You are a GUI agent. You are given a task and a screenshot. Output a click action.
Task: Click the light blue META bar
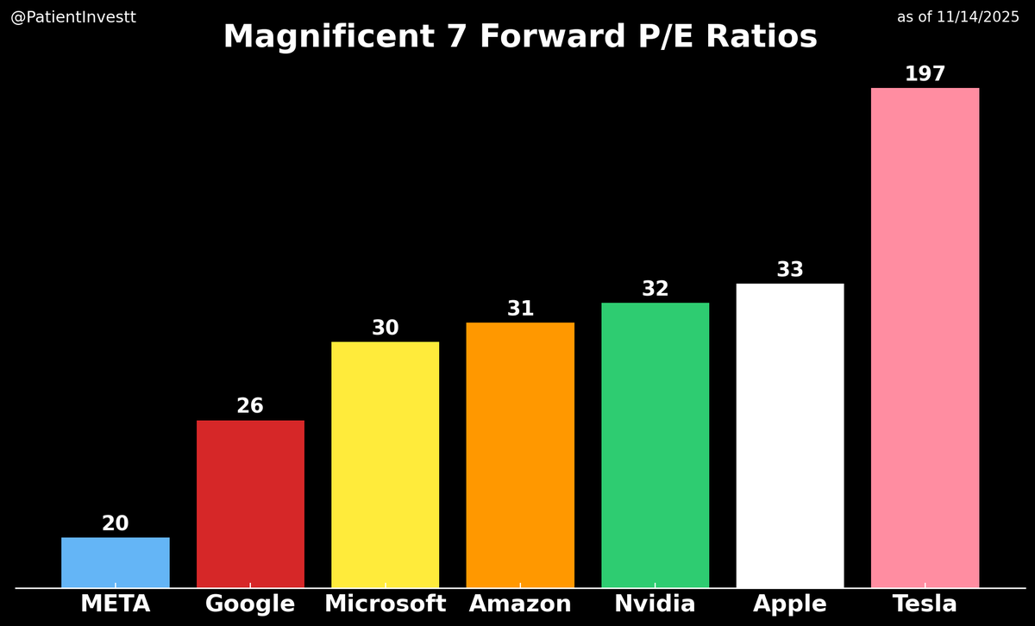point(116,562)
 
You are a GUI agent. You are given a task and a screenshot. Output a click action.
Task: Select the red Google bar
point(250,504)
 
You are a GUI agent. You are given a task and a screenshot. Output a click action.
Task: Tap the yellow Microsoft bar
point(385,465)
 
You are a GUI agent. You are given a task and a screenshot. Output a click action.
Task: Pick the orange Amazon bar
point(520,455)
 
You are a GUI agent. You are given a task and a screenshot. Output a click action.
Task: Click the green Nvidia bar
point(655,445)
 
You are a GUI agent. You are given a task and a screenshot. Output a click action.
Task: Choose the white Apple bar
point(790,435)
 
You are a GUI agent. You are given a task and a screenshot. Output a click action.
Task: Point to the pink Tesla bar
point(925,338)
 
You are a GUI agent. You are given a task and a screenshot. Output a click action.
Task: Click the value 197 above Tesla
point(925,75)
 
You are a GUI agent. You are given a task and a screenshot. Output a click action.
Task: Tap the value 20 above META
point(116,524)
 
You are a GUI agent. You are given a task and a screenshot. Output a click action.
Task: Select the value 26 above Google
point(250,407)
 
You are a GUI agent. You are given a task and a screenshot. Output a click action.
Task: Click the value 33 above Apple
point(790,271)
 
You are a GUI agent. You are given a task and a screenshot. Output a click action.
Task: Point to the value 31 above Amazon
point(520,310)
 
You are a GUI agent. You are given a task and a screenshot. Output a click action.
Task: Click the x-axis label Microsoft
point(385,604)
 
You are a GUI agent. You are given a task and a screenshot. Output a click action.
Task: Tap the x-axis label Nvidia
point(655,604)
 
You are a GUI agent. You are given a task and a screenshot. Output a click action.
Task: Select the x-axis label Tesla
point(925,604)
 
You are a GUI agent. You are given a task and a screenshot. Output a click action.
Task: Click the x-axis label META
point(116,604)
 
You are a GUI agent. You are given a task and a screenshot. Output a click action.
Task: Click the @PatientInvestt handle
point(73,17)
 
